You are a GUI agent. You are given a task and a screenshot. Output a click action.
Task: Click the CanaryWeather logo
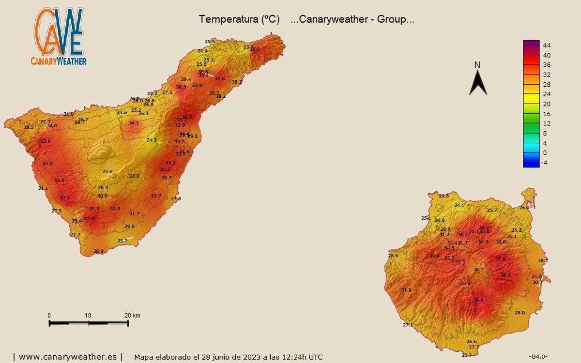coord(59,37)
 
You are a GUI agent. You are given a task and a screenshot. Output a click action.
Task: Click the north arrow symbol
coord(478,82)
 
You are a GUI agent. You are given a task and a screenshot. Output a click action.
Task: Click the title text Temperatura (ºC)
coord(239,19)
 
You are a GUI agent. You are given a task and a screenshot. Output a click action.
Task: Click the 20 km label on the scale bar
coord(132,316)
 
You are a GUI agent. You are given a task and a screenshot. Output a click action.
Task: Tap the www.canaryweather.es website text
coord(68,357)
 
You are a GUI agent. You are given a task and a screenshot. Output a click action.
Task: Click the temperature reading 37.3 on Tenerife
coord(64,197)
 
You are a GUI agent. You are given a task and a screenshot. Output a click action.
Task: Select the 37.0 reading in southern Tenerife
coord(89,219)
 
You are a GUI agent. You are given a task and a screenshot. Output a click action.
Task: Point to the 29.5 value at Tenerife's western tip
coord(29,127)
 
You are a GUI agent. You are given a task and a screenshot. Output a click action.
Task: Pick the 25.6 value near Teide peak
coord(107,171)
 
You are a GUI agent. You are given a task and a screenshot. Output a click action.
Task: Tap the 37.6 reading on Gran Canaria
coord(500,259)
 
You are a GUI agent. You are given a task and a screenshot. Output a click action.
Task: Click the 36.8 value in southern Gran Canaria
coord(478,300)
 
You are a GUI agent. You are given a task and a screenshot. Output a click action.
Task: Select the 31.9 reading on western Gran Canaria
coord(406,290)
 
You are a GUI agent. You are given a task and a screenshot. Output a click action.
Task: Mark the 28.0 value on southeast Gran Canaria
coord(520,313)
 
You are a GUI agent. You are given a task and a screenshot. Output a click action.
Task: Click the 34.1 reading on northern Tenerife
coord(134,123)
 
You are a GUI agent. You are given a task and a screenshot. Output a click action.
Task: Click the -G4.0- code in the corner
coord(538,357)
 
